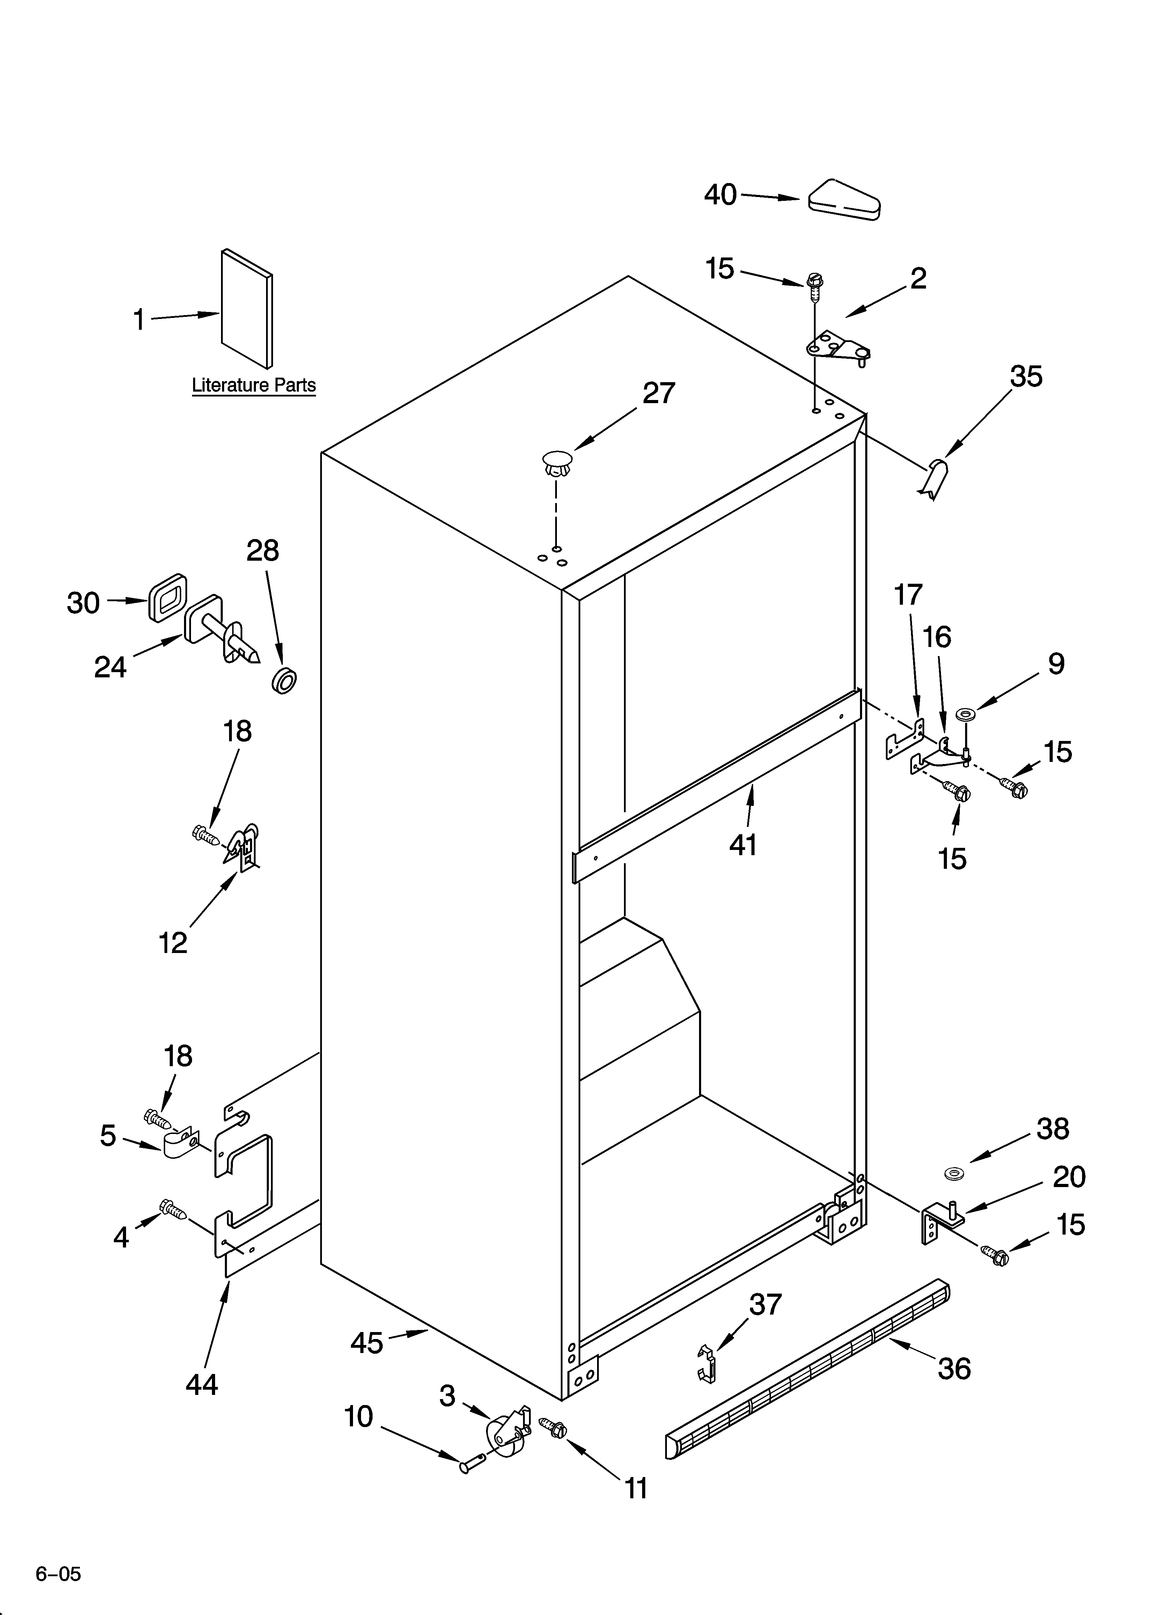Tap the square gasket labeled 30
coord(167,597)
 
